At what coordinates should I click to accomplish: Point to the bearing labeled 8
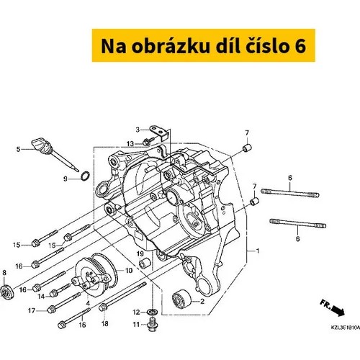[x=6, y=292]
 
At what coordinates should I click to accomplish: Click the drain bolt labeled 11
[x=151, y=324]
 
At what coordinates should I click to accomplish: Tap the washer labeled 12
[x=151, y=312]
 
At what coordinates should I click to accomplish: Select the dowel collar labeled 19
[x=145, y=264]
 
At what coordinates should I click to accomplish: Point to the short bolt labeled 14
[x=60, y=289]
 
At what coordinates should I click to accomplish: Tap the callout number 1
[x=258, y=251]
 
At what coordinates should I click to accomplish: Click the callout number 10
[x=129, y=271]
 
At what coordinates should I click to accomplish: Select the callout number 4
[x=88, y=303]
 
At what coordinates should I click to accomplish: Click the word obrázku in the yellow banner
[x=171, y=45]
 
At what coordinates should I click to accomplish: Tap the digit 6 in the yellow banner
[x=300, y=45]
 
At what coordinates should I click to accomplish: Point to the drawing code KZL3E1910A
[x=346, y=328]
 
